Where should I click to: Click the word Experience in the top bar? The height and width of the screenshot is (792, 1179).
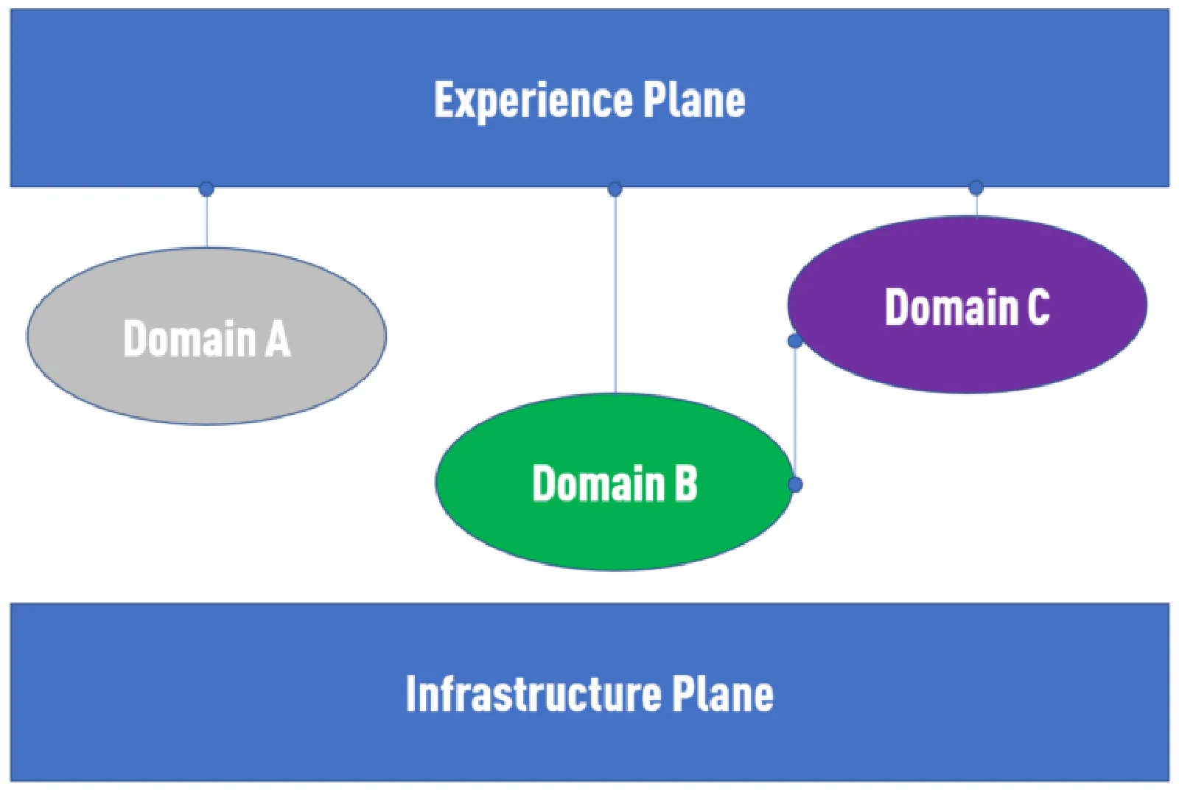click(x=533, y=100)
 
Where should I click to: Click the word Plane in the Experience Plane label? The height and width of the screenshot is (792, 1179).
click(x=693, y=100)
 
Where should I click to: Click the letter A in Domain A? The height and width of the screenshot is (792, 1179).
click(x=278, y=339)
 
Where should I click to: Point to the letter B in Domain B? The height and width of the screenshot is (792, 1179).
click(x=685, y=483)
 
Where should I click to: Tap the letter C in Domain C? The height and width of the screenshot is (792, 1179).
click(x=1038, y=306)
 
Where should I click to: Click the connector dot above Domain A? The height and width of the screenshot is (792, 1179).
click(x=206, y=189)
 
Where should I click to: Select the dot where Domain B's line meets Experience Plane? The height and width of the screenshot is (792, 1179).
click(x=615, y=189)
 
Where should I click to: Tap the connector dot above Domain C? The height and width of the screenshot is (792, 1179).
click(x=976, y=187)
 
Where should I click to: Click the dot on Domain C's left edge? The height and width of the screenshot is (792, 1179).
click(x=794, y=341)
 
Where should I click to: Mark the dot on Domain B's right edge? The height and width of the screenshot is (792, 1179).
click(x=795, y=484)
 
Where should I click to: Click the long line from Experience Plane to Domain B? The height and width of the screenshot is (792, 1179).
click(x=615, y=295)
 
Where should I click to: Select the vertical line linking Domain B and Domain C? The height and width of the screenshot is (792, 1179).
click(x=795, y=413)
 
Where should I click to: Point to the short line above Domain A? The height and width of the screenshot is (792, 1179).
click(x=207, y=221)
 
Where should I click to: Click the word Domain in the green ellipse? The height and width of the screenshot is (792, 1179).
click(x=598, y=483)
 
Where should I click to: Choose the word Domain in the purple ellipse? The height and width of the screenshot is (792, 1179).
click(x=951, y=306)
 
